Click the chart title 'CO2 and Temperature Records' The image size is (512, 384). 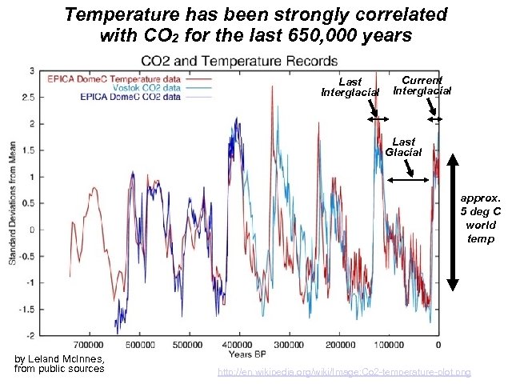(x=239, y=61)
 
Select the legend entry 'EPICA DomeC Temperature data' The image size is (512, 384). (x=117, y=78)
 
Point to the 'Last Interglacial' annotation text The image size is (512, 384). (x=350, y=87)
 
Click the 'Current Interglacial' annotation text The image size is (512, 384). (x=422, y=86)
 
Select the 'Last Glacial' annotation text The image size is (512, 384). (x=403, y=147)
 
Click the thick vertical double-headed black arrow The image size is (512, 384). (x=452, y=221)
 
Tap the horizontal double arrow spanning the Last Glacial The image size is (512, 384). (x=408, y=181)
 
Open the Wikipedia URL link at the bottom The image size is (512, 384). (x=345, y=372)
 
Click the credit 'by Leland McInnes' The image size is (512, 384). (x=59, y=358)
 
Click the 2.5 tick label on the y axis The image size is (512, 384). (x=27, y=97)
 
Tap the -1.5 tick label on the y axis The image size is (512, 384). (x=26, y=309)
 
